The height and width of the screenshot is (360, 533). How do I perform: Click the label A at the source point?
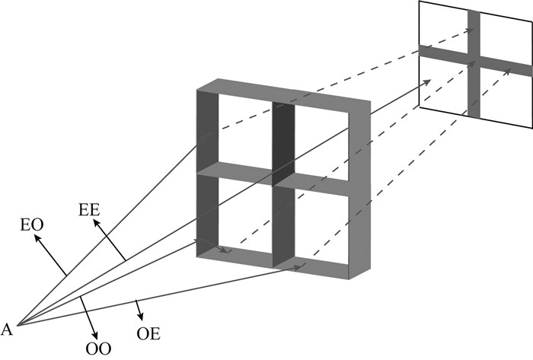click(x=7, y=329)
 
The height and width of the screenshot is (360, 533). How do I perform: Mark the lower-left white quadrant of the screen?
click(x=444, y=84)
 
